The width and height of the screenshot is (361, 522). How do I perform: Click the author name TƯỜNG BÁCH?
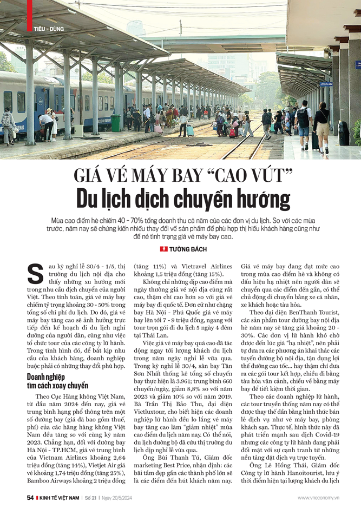[x=188, y=249]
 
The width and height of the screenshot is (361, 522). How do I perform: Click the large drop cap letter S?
[x=35, y=273]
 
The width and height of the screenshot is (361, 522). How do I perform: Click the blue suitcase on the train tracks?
[x=190, y=131]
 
